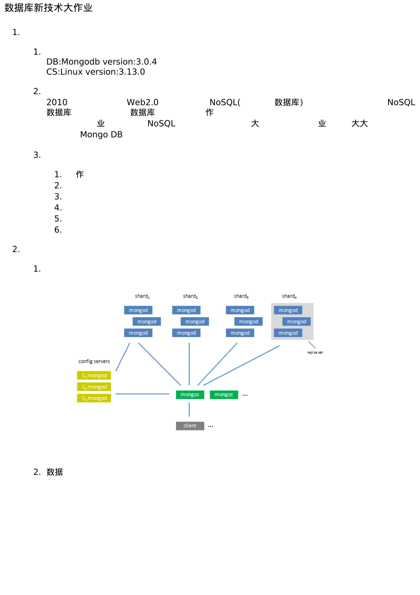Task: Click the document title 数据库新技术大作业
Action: pyautogui.click(x=49, y=8)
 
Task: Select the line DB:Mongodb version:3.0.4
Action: pyautogui.click(x=101, y=62)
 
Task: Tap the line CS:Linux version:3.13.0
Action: pyautogui.click(x=95, y=72)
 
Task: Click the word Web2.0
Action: pyautogui.click(x=142, y=103)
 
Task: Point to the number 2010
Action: pyautogui.click(x=57, y=103)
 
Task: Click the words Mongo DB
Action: pyautogui.click(x=101, y=135)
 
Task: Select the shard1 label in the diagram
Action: pyautogui.click(x=142, y=296)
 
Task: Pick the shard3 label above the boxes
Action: pyautogui.click(x=241, y=296)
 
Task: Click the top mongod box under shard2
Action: pyautogui.click(x=186, y=311)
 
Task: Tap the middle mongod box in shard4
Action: pyautogui.click(x=296, y=322)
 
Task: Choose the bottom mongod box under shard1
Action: pyautogui.click(x=138, y=333)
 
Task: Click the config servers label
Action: pyautogui.click(x=94, y=361)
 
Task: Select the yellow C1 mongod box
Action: pyautogui.click(x=94, y=376)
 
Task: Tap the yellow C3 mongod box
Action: pyautogui.click(x=94, y=398)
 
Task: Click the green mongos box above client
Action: pyautogui.click(x=190, y=395)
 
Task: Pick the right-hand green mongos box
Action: pyautogui.click(x=224, y=395)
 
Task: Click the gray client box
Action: pyautogui.click(x=190, y=426)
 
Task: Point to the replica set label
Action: pyautogui.click(x=315, y=353)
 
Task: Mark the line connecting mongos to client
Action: pyautogui.click(x=189, y=410)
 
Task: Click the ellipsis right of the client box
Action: pyautogui.click(x=210, y=426)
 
